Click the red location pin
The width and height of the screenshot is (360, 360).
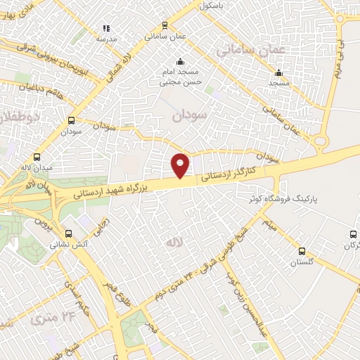click(181, 165)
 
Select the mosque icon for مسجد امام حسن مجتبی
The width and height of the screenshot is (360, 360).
click(181, 61)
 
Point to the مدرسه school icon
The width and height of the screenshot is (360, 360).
click(106, 29)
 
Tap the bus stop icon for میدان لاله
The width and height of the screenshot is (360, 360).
click(37, 157)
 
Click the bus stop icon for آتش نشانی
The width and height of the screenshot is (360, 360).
click(68, 233)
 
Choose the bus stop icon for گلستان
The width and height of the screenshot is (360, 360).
click(302, 251)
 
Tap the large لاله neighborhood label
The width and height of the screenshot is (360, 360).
click(173, 243)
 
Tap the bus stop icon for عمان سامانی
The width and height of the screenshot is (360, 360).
click(164, 23)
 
